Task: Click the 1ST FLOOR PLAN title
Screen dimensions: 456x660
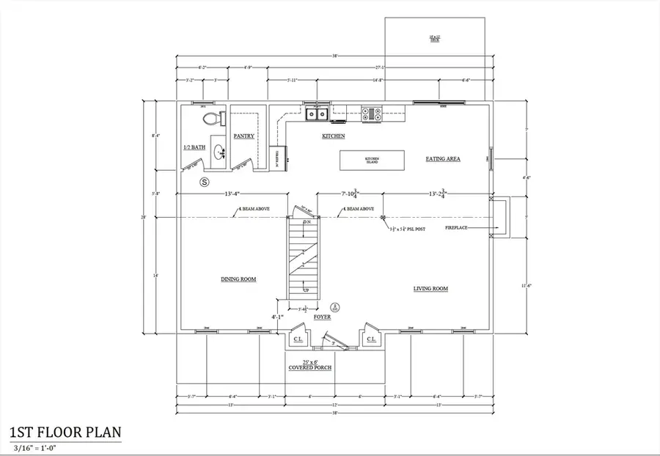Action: coord(65,433)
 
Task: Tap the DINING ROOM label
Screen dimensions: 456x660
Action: coord(238,279)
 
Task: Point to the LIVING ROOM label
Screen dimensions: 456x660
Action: coord(430,289)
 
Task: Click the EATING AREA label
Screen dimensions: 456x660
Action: coord(443,158)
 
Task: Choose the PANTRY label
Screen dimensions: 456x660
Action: coord(243,136)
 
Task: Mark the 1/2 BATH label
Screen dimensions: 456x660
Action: coord(194,147)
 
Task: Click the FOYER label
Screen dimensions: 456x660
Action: coord(322,317)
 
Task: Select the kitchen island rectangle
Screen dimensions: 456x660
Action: coord(372,159)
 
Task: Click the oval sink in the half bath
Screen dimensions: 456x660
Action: coord(218,152)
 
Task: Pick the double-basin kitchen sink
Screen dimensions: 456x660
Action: coord(317,114)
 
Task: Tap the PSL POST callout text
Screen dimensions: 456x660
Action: coord(408,228)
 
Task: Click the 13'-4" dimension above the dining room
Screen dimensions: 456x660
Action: coord(235,194)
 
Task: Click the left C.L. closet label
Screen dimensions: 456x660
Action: coord(298,339)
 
